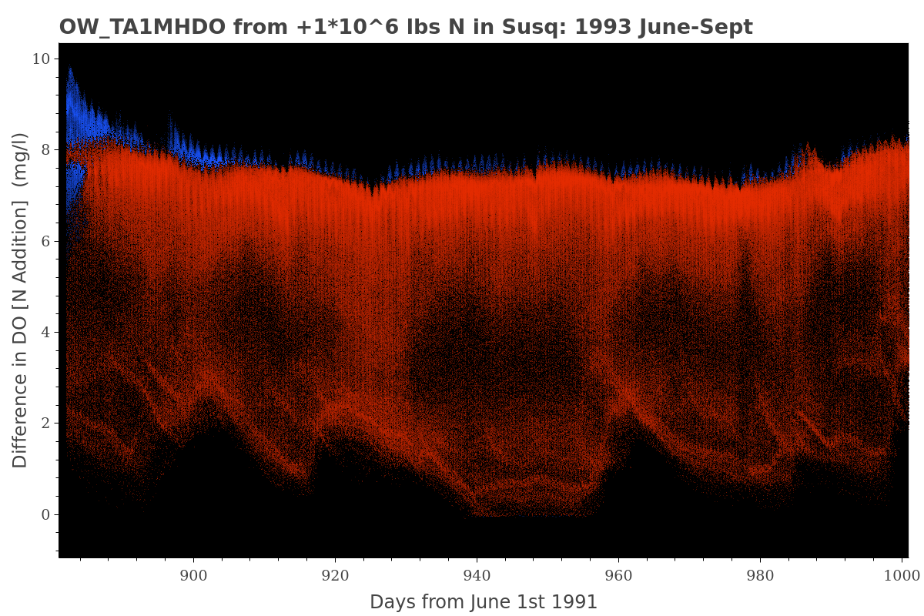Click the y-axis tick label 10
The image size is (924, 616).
point(42,59)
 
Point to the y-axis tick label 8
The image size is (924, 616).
point(45,150)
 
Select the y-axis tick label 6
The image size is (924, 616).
point(45,241)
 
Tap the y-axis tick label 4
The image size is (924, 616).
point(45,333)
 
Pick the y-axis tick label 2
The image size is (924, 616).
point(45,423)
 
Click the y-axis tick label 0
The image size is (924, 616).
point(45,514)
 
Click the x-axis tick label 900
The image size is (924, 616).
point(193,574)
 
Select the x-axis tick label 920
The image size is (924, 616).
point(335,574)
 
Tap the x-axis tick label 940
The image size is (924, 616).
point(477,574)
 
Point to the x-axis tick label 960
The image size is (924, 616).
point(618,574)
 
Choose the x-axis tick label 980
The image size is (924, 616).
point(760,574)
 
